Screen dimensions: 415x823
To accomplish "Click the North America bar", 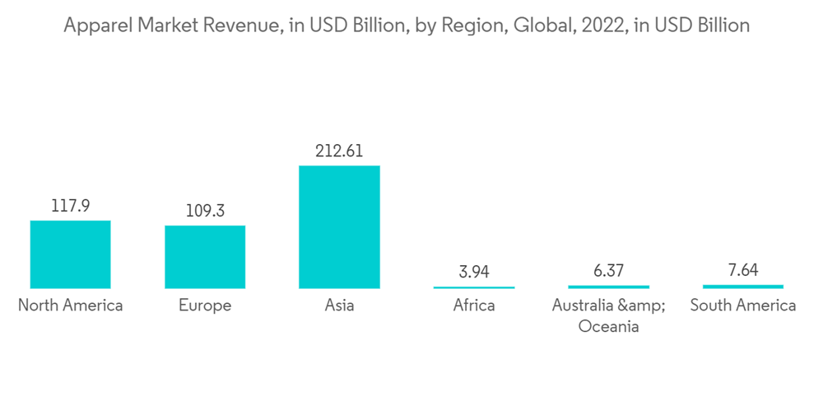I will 70,254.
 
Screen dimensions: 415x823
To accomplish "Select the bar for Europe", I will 205,257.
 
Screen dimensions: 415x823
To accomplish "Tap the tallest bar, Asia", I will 339,226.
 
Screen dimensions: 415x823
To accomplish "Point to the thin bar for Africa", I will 474,287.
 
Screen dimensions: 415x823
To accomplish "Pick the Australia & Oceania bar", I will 609,287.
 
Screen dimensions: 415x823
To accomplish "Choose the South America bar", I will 743,287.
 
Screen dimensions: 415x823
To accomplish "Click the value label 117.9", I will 70,206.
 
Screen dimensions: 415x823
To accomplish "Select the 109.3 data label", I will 205,211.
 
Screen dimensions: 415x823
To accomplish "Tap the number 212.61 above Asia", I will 339,151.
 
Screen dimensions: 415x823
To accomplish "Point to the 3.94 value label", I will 474,272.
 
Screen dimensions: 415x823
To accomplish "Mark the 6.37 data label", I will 609,271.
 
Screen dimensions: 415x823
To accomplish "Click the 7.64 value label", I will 743,270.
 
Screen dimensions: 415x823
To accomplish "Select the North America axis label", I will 70,305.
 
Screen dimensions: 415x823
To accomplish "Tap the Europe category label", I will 205,305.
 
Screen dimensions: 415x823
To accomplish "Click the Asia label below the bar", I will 339,305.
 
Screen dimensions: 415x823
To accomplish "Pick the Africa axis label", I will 474,305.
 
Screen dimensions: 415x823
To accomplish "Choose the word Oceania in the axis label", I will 609,326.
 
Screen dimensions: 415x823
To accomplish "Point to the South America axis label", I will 743,305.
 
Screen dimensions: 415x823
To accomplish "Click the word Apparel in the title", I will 94,26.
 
